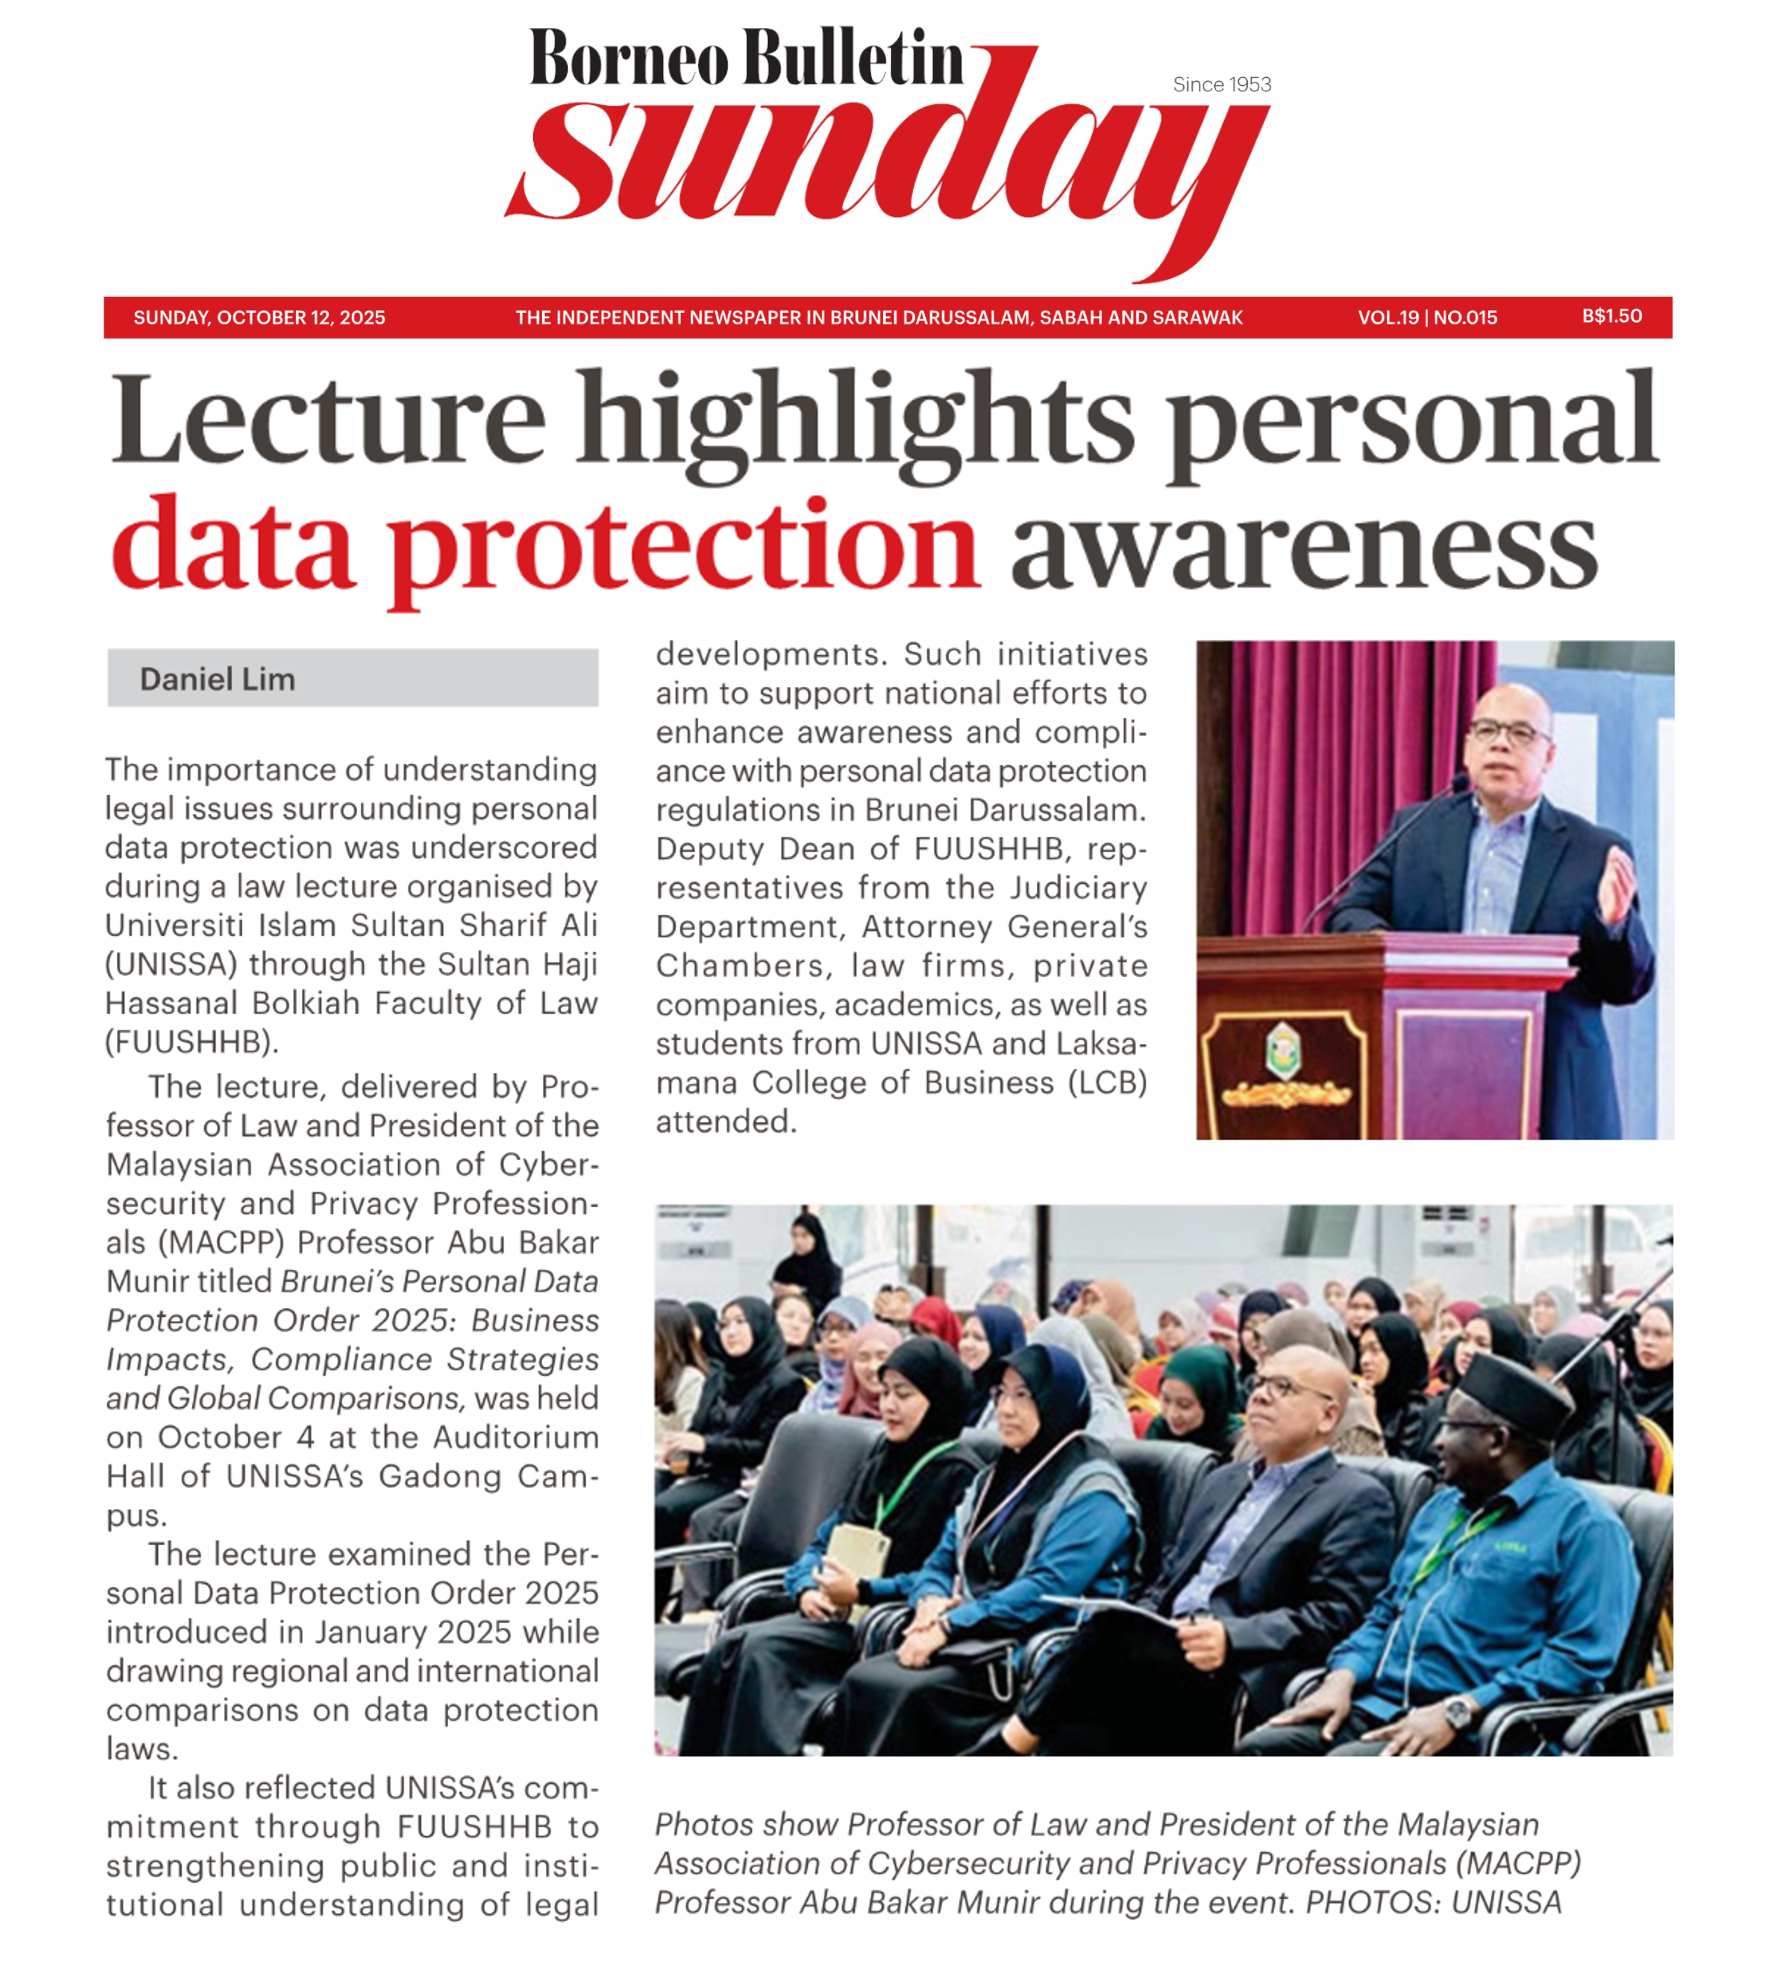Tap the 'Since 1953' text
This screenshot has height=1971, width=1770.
coord(1221,85)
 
